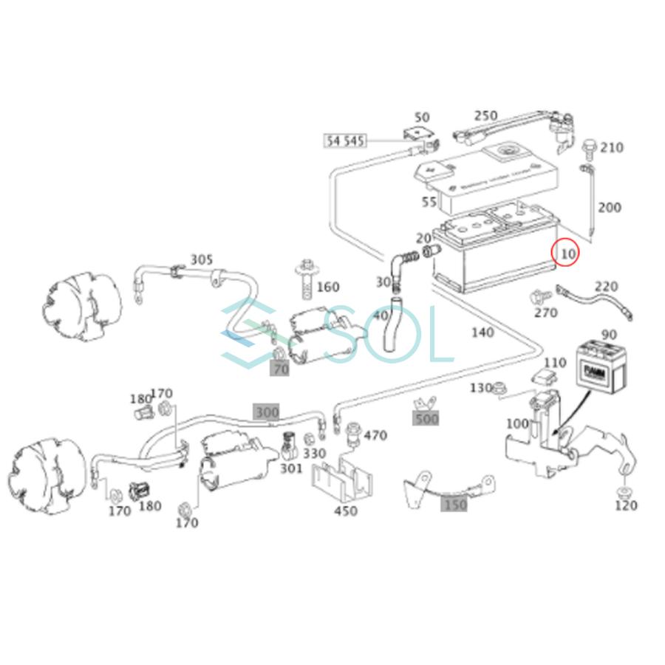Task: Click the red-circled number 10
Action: tap(567, 253)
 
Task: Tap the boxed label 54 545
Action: tap(345, 140)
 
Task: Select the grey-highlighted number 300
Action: tap(267, 412)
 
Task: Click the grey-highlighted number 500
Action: tap(426, 419)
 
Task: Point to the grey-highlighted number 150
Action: tap(454, 505)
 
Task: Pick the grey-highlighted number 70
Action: tap(280, 369)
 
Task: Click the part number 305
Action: tap(201, 260)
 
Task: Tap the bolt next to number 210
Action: tap(589, 149)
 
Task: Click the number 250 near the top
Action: tap(485, 116)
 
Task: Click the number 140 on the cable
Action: tap(482, 333)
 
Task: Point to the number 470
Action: tap(375, 436)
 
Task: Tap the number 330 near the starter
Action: tap(314, 453)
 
